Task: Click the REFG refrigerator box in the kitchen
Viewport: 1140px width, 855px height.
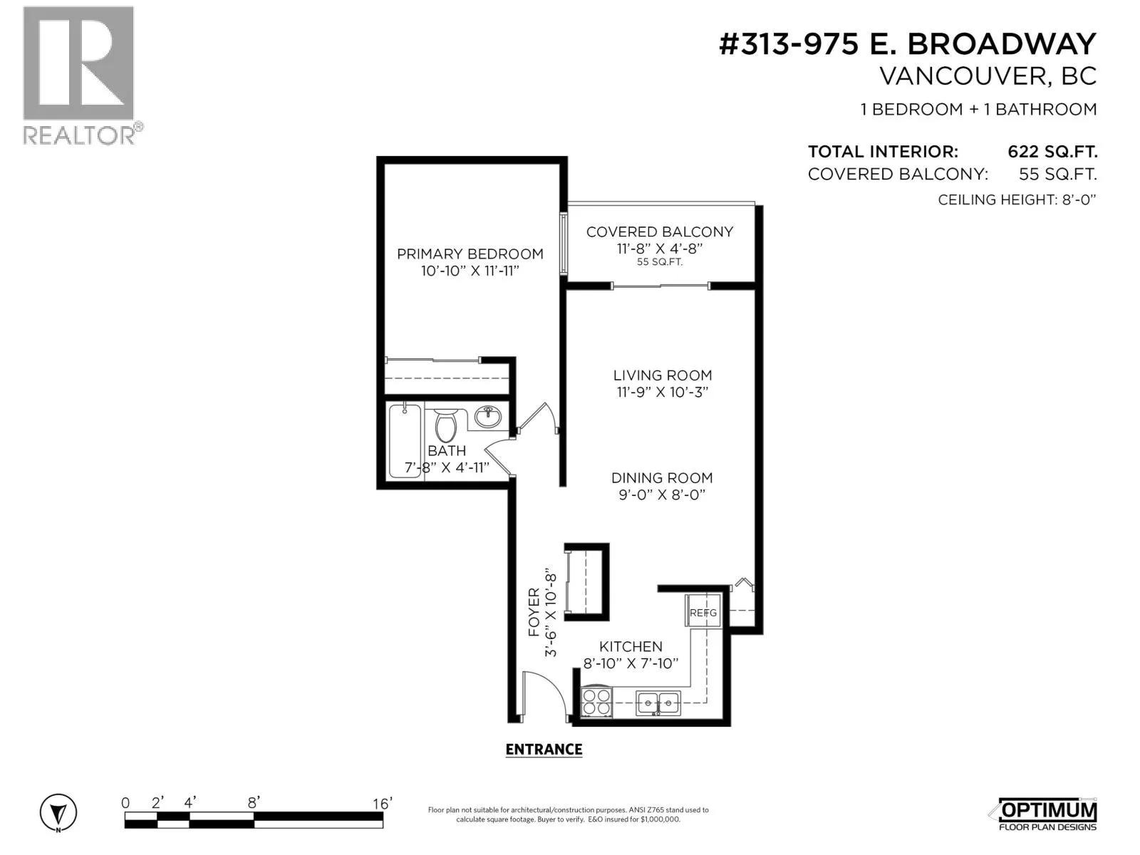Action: click(x=703, y=611)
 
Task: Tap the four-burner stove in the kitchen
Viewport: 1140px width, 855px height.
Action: click(x=596, y=703)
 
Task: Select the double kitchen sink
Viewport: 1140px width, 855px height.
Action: click(x=658, y=703)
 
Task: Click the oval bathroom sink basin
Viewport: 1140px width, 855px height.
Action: click(x=487, y=416)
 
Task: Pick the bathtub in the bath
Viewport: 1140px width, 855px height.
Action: click(x=405, y=440)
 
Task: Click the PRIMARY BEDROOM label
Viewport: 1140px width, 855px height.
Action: click(x=470, y=254)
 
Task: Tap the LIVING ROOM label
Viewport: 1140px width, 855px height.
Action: click(x=662, y=375)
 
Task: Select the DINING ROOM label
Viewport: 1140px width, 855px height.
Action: click(x=662, y=477)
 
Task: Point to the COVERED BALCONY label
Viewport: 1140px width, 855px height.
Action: click(x=660, y=232)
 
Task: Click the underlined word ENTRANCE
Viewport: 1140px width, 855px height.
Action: click(x=544, y=750)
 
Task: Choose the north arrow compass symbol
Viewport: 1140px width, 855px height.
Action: click(x=58, y=812)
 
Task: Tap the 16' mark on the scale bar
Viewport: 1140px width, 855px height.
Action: click(x=382, y=804)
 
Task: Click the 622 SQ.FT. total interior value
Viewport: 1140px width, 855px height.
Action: click(x=1052, y=152)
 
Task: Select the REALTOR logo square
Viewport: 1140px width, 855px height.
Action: click(x=78, y=63)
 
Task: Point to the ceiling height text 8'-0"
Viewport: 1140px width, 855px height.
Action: click(x=1078, y=200)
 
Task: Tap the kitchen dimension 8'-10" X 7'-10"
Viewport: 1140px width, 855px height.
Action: click(x=631, y=663)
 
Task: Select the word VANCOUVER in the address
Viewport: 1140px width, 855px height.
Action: click(x=963, y=77)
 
